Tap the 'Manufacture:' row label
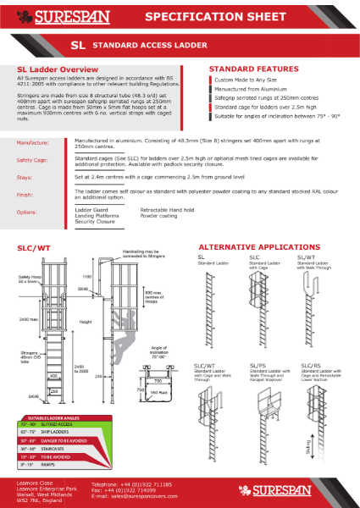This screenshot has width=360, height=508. (33, 144)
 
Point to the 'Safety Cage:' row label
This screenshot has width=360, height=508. (33, 159)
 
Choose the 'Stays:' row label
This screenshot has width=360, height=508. (25, 178)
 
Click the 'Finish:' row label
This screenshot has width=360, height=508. (25, 194)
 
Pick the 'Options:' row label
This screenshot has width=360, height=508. (27, 212)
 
